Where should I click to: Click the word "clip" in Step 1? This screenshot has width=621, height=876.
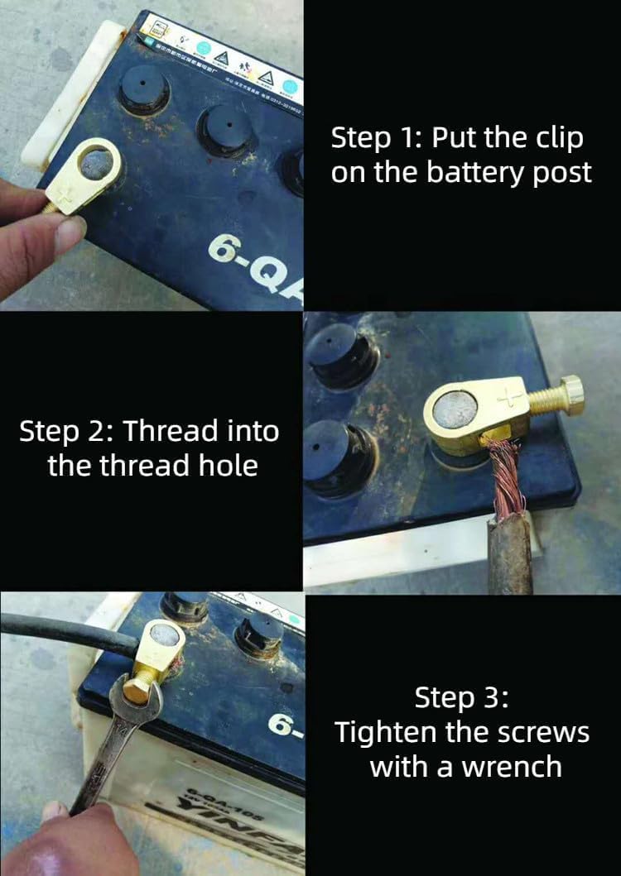point(556,138)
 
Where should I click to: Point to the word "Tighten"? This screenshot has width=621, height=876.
point(384,732)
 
